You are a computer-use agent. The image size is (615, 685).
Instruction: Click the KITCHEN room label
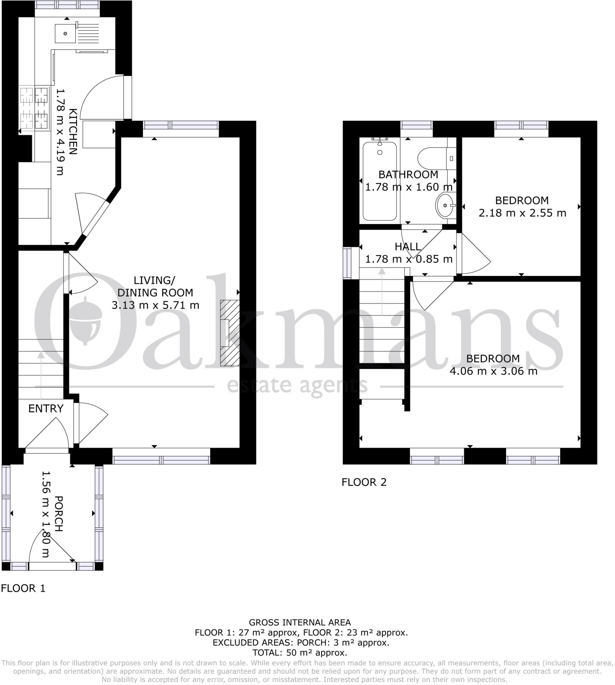(x=73, y=132)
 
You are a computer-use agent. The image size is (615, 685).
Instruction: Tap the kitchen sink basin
(x=65, y=33)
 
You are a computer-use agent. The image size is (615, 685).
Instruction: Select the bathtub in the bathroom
(x=379, y=181)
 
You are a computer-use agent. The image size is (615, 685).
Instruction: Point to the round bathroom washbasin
(x=445, y=205)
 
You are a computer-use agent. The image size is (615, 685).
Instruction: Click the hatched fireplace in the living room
(x=230, y=333)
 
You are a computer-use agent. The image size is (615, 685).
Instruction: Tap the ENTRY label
(x=46, y=409)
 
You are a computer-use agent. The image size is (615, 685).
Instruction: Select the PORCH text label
(x=59, y=514)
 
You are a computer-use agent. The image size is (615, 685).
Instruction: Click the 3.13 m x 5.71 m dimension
(x=155, y=305)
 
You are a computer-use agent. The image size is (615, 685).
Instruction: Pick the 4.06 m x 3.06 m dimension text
(x=493, y=371)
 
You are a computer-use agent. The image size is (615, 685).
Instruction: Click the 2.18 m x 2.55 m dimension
(x=522, y=213)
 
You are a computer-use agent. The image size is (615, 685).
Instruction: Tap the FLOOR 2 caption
(x=364, y=482)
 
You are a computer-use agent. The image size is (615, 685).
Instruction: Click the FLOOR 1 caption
(x=23, y=588)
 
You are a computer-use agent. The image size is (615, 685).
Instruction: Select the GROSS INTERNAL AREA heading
(x=300, y=622)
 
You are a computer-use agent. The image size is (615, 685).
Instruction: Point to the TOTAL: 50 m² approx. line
(x=300, y=653)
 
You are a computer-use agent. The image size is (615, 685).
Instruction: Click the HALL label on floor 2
(x=408, y=247)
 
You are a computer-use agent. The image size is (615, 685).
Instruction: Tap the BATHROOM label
(x=408, y=175)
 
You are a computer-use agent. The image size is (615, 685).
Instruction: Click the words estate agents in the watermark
(x=297, y=386)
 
